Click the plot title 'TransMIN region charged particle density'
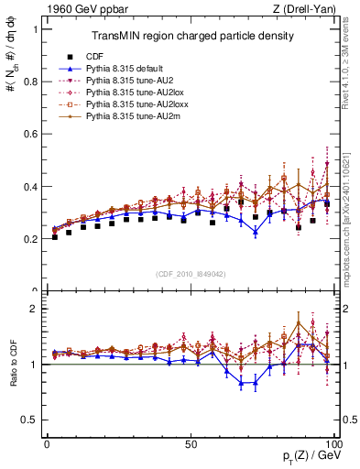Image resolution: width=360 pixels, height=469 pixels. tap(191, 37)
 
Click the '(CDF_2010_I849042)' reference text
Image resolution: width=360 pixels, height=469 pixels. tap(191, 272)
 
